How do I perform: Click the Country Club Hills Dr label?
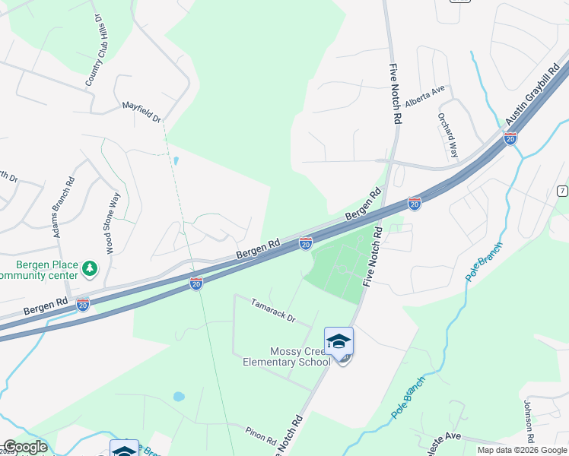click(94, 49)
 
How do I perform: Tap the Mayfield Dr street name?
click(142, 112)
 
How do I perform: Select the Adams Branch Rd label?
click(63, 207)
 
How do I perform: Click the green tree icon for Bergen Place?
click(90, 268)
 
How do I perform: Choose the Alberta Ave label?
click(424, 96)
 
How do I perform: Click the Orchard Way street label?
click(448, 135)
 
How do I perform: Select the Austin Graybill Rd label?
click(536, 96)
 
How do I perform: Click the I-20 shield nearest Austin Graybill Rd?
click(510, 138)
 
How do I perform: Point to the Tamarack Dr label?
click(272, 309)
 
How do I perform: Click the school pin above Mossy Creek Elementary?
click(339, 343)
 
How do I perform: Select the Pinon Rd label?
click(260, 435)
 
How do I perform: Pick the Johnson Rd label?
click(529, 423)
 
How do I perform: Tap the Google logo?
click(25, 448)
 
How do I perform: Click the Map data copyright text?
click(522, 450)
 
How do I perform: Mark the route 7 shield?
click(561, 190)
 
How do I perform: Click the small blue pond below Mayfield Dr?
click(176, 161)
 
